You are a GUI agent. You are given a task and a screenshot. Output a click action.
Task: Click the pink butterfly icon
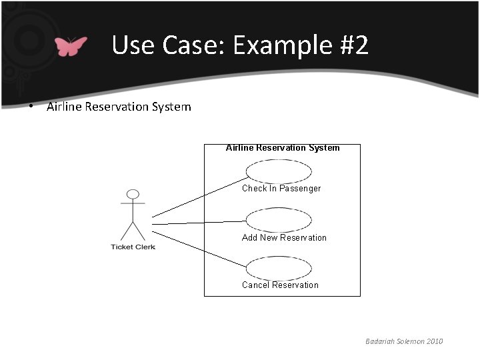pos(71,46)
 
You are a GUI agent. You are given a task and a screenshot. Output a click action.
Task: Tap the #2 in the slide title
pos(349,45)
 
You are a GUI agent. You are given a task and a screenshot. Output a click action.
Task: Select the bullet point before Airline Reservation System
pos(32,107)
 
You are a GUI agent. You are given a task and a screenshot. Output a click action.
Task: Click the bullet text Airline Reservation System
pos(119,107)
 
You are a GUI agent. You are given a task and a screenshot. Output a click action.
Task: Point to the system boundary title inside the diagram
pos(283,148)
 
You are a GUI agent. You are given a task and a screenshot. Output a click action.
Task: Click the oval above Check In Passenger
pos(279,171)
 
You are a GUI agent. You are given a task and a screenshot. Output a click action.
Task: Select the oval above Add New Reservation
pos(279,219)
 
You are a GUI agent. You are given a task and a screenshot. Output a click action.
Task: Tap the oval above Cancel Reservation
pos(279,268)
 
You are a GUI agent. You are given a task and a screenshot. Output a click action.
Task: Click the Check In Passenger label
pos(281,189)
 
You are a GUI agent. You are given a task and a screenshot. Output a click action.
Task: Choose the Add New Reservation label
pos(284,237)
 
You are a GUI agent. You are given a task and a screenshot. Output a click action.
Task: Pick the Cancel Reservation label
pos(280,285)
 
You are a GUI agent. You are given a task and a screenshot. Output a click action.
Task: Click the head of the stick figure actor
pos(133,195)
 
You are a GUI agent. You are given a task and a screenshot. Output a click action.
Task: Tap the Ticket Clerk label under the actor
pos(133,247)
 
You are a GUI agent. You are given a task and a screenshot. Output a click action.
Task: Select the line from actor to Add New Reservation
pos(200,222)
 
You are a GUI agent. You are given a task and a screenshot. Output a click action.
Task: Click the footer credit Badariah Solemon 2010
pos(403,341)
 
